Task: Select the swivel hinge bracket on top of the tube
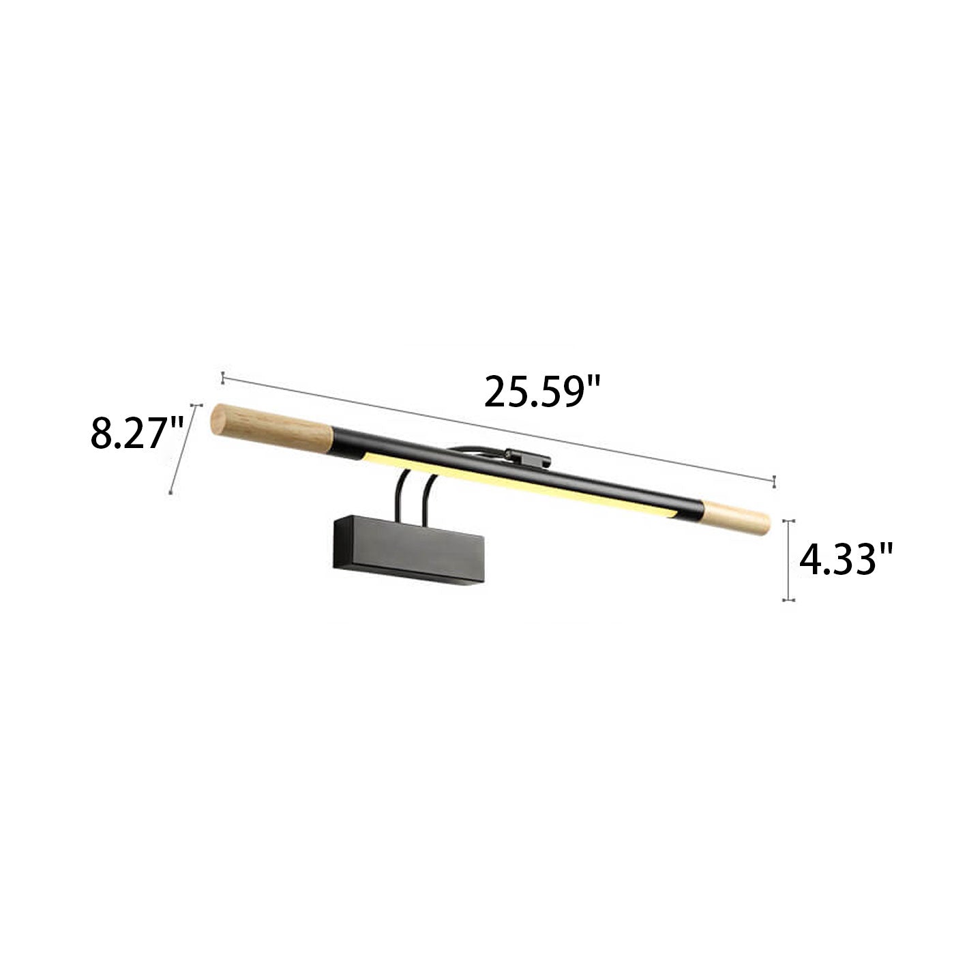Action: (527, 457)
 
